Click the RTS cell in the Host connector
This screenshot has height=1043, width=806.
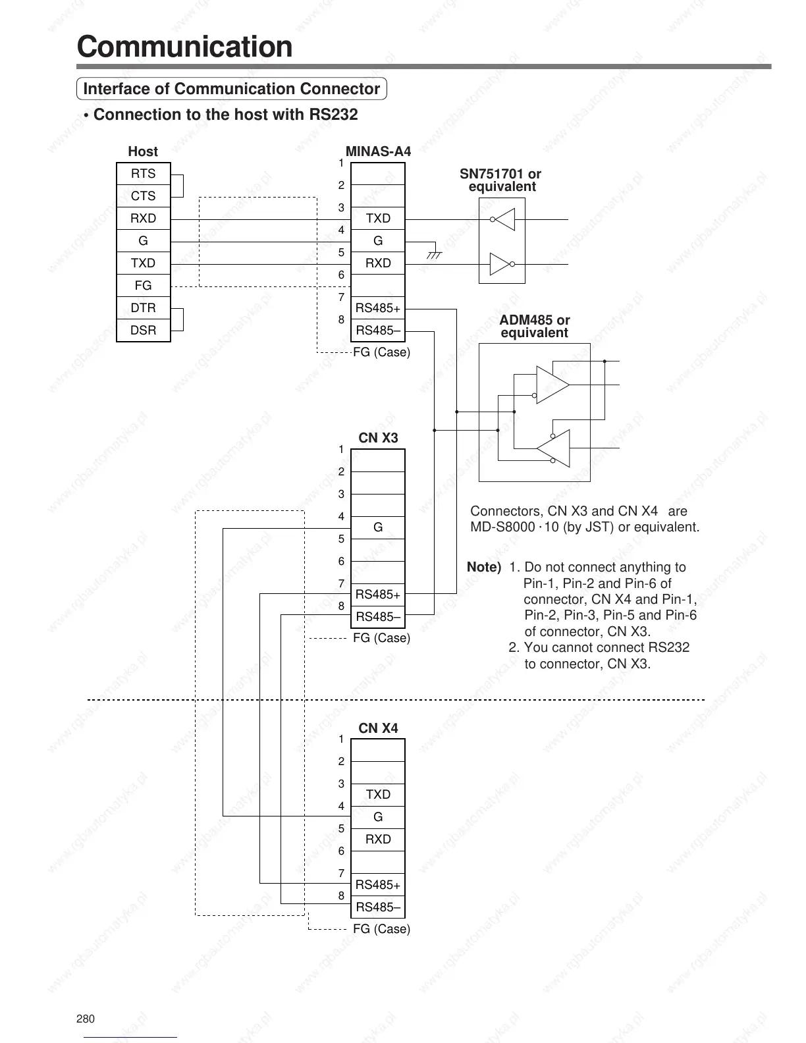click(143, 174)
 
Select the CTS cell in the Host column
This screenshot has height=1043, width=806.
click(143, 196)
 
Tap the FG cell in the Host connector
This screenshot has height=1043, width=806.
click(143, 286)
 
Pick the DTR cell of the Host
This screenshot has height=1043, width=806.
click(143, 308)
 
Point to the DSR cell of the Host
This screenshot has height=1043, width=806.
click(143, 331)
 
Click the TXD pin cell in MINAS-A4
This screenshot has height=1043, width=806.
click(378, 219)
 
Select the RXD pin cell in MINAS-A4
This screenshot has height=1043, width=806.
click(378, 263)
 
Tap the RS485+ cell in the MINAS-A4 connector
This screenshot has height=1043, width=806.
click(378, 308)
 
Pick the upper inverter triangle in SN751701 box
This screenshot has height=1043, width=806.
click(504, 219)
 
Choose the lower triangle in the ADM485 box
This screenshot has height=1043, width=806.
click(553, 448)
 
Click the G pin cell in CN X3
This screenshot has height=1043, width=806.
click(378, 527)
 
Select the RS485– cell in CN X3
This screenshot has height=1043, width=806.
click(378, 617)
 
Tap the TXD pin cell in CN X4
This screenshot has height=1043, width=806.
click(378, 795)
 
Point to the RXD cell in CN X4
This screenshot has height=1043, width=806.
click(378, 840)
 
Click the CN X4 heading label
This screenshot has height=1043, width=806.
click(378, 728)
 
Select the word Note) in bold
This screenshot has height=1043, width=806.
click(484, 568)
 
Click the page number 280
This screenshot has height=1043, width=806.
click(86, 1019)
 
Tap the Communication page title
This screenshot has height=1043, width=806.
click(184, 47)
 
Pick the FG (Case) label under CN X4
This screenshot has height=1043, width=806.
click(381, 929)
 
